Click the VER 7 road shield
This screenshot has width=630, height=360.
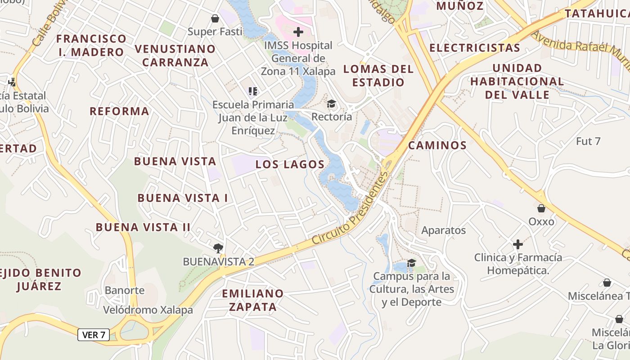(x=94, y=335)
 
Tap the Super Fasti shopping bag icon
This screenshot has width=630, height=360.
(x=215, y=18)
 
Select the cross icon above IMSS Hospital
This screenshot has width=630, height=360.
(x=298, y=32)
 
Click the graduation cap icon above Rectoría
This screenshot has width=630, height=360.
(x=332, y=104)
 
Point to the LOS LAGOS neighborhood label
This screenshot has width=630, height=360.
(x=290, y=165)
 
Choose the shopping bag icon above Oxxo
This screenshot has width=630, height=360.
(x=541, y=208)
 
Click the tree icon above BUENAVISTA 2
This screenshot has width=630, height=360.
(x=218, y=248)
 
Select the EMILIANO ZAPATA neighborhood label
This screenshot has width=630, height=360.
(x=253, y=300)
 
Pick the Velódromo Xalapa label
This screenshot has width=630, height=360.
(x=148, y=310)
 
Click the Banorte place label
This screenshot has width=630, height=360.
(x=125, y=290)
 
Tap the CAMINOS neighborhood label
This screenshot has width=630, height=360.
(x=437, y=145)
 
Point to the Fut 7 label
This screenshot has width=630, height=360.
(x=588, y=141)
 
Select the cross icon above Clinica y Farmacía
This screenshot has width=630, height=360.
(x=518, y=244)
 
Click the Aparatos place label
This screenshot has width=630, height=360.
(x=443, y=230)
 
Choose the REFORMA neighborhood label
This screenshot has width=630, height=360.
(x=119, y=111)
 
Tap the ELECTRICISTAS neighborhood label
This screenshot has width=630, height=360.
(x=475, y=48)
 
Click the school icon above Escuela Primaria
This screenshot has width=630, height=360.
(x=253, y=91)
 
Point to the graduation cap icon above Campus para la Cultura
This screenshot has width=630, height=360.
(x=411, y=263)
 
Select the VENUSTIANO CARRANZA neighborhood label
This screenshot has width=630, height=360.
(x=175, y=55)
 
